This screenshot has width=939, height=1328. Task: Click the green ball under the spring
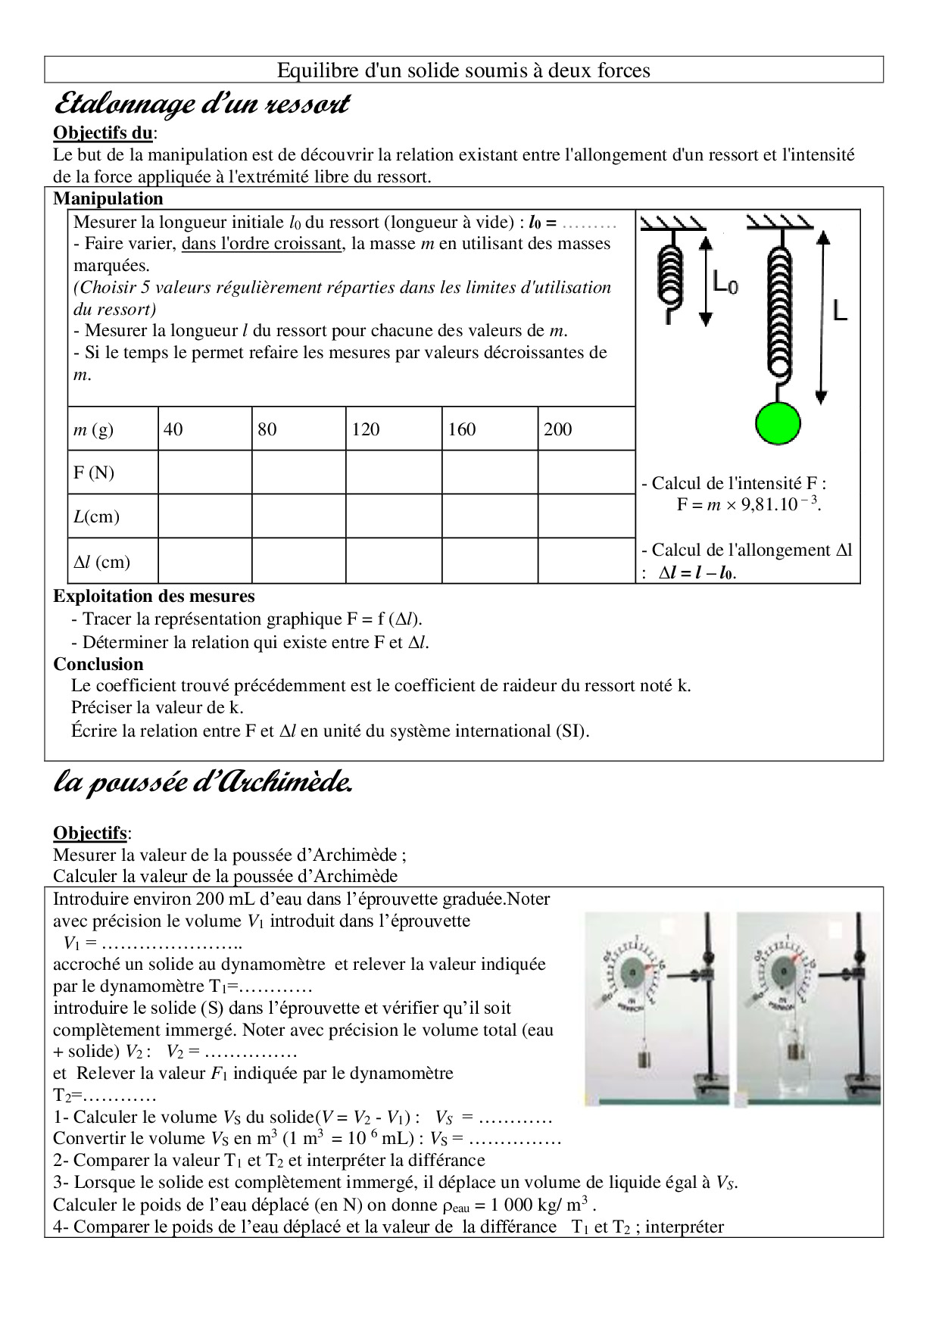(x=778, y=422)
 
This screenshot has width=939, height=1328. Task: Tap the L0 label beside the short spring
(x=725, y=284)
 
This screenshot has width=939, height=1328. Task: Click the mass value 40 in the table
(x=173, y=429)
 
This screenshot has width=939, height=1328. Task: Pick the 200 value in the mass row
(x=557, y=429)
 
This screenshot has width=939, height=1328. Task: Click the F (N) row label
(x=94, y=473)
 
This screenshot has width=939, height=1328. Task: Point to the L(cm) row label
(x=96, y=517)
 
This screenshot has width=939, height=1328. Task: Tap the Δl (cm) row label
(x=101, y=562)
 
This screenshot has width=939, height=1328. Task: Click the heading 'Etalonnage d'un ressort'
(x=201, y=103)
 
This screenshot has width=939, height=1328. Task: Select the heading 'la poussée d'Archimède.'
(x=203, y=783)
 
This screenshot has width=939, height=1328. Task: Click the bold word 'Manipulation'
(x=108, y=199)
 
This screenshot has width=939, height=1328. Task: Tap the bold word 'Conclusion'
(x=98, y=664)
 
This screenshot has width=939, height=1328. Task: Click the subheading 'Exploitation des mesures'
(x=154, y=597)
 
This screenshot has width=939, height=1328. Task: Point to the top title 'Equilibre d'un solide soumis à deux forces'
(x=463, y=70)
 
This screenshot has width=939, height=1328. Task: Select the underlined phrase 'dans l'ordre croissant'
(x=261, y=244)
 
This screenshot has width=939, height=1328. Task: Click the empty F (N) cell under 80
(x=298, y=473)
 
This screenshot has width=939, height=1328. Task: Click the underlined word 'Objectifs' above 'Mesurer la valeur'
(x=89, y=833)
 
